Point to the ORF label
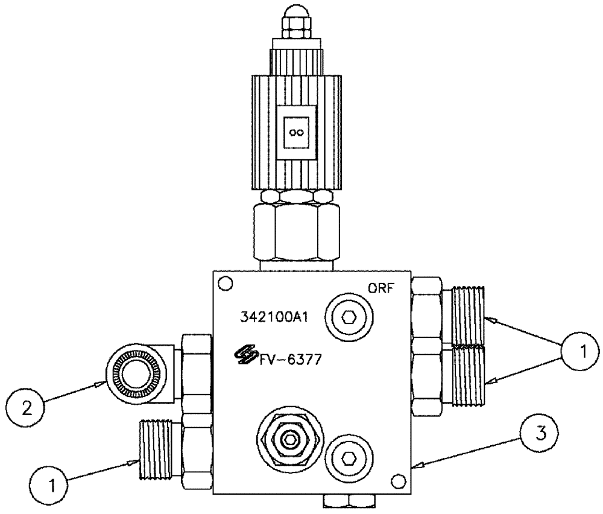pos(381,288)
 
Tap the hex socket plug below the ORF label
pos(349,317)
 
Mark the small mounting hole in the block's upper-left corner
pos(225,282)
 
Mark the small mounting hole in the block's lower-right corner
pos(396,481)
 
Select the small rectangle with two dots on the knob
pos(296,133)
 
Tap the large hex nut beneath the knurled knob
pos(295,232)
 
